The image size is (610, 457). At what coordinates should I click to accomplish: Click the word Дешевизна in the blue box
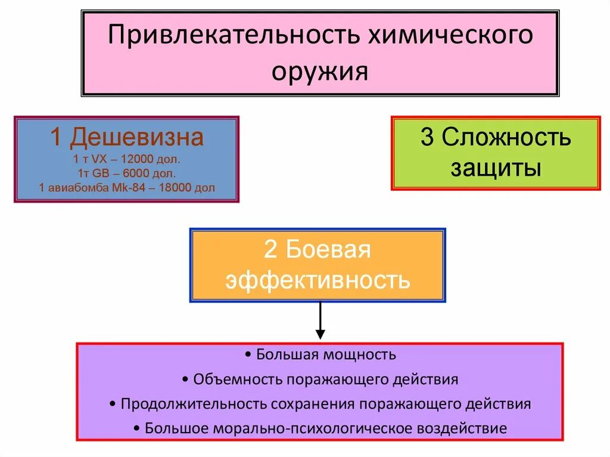tap(137, 138)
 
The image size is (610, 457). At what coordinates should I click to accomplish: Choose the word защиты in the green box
tap(496, 168)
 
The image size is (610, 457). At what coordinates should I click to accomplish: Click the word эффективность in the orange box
tap(318, 279)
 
